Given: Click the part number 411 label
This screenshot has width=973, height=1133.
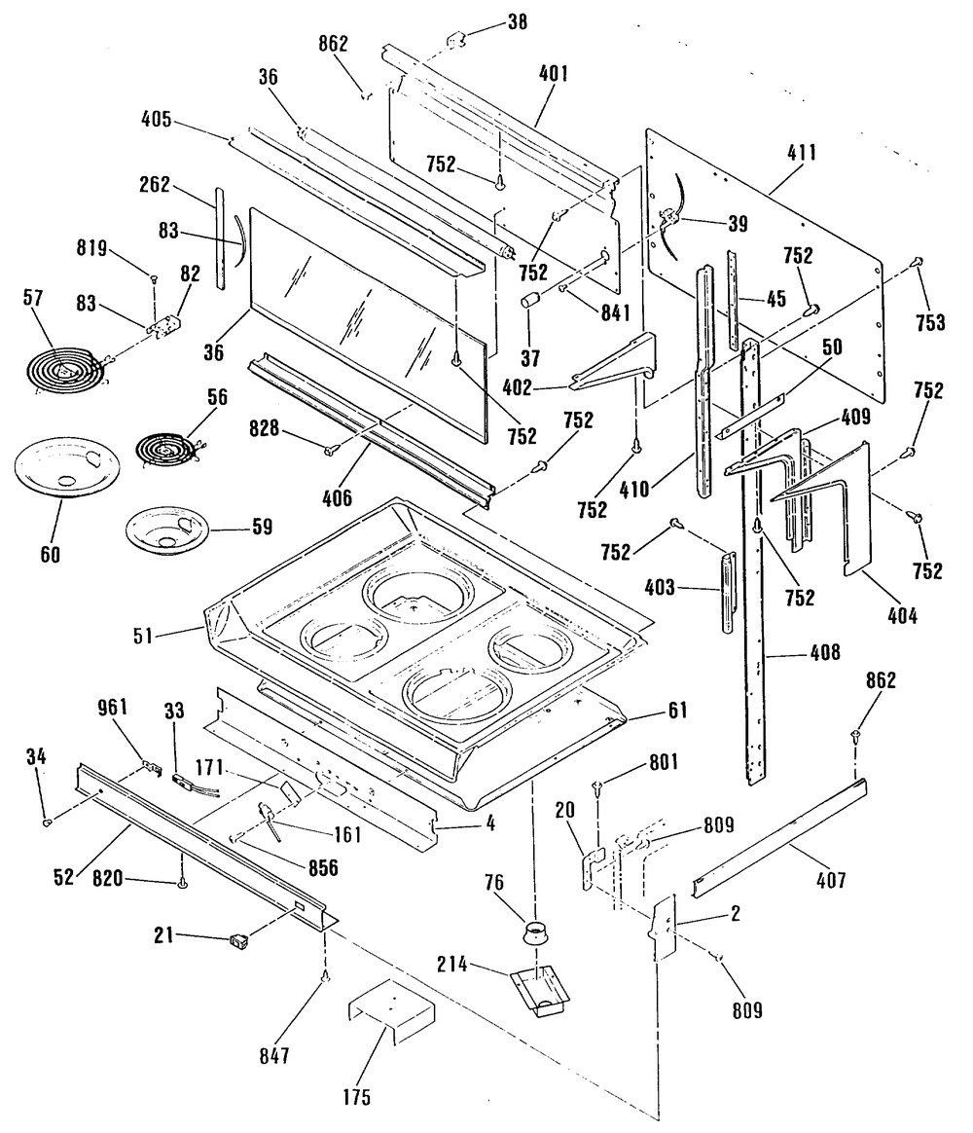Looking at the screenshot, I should coord(803,153).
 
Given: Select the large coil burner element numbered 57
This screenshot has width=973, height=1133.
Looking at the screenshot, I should coord(64,371).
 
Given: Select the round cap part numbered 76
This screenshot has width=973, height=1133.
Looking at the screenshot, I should coord(535,933).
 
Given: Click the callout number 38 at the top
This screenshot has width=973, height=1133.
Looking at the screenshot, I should coord(517,21).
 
